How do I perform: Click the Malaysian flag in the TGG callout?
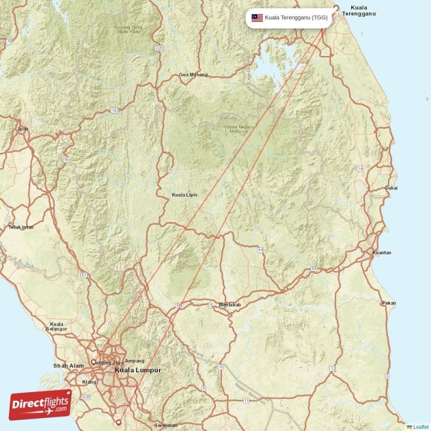point(257,18)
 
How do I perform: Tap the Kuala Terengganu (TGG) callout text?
point(296,18)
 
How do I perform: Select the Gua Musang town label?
point(193,74)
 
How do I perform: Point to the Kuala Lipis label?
point(184,194)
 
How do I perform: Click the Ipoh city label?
point(23,129)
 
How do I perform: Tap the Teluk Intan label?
point(21,227)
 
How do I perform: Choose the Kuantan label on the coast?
point(382,253)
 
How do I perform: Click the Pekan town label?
point(389,303)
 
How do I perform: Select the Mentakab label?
point(230,305)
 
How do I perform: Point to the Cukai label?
point(391,188)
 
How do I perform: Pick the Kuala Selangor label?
point(57,326)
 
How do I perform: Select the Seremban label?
point(165,426)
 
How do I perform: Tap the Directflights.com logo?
point(40,404)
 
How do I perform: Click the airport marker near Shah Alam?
point(93,362)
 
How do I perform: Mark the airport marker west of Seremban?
point(119,422)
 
